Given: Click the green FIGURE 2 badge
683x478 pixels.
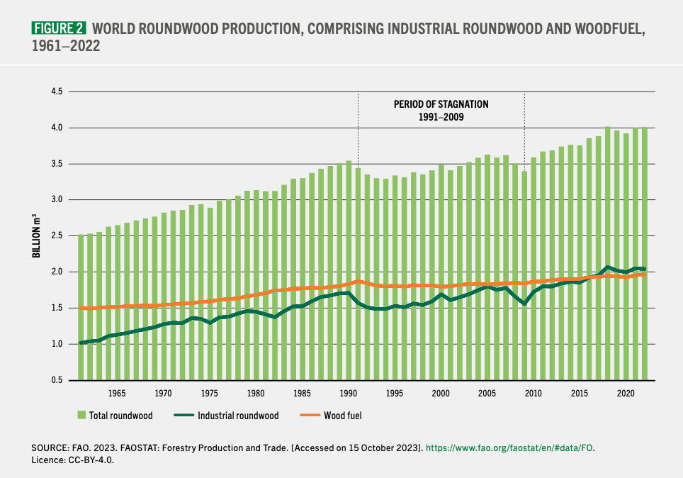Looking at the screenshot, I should (x=60, y=28).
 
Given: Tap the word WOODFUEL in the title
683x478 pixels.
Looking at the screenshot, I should (x=609, y=29).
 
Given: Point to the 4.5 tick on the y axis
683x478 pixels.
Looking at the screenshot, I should (x=57, y=92).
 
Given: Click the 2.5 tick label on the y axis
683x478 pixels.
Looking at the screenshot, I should (x=57, y=236).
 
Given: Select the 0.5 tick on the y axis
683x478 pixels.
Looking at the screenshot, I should (x=57, y=380).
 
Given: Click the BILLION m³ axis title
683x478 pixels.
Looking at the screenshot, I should (x=36, y=236).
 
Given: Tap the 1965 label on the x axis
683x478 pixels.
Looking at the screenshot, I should (x=117, y=393).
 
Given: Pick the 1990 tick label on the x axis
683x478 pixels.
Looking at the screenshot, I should (x=348, y=393).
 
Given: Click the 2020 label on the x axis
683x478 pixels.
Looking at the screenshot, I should (x=626, y=393).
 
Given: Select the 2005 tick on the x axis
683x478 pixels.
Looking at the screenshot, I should (x=487, y=393).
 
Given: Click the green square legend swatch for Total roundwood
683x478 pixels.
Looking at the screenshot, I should (x=81, y=416).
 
